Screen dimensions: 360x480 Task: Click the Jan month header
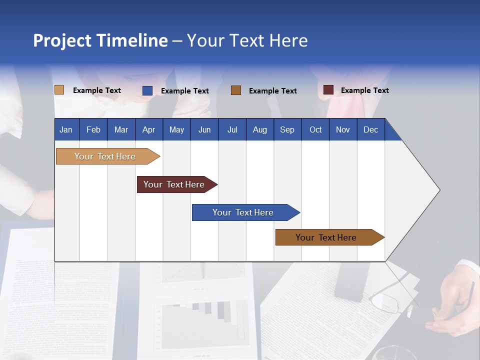66,129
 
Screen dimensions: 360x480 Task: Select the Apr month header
148,129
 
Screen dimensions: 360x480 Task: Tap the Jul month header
232,129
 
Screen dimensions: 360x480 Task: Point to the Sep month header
287,129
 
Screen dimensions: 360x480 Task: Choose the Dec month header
370,129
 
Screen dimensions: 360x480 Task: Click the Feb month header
93,129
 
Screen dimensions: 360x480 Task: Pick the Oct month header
315,129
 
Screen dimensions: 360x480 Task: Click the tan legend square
59,90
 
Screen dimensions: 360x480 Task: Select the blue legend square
147,90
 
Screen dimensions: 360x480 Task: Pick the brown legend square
236,90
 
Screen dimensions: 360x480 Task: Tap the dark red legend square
328,90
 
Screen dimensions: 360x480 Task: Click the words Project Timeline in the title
100,40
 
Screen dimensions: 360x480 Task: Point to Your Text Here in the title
247,40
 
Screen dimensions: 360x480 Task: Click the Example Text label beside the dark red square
364,90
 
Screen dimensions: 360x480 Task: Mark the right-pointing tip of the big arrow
438,189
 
